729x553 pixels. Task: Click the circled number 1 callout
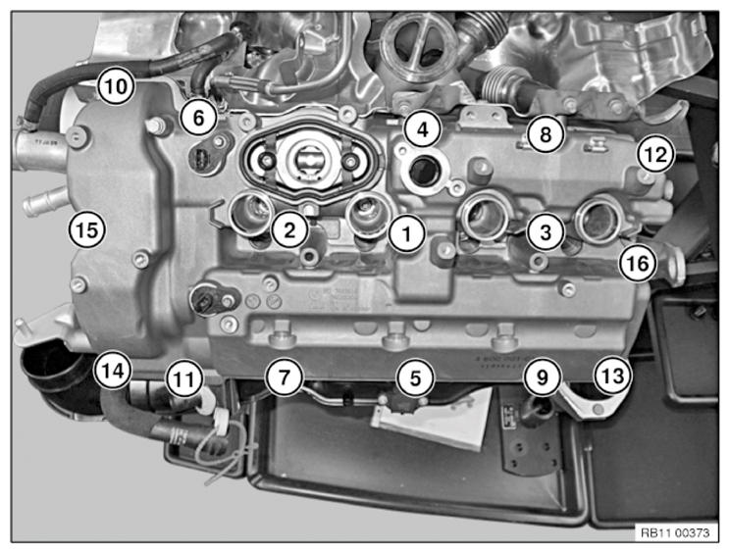pyautogui.click(x=407, y=233)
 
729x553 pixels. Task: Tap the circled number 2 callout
pyautogui.click(x=289, y=229)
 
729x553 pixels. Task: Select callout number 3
pyautogui.click(x=546, y=232)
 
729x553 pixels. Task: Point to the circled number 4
pyautogui.click(x=423, y=129)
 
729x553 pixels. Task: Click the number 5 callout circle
pyautogui.click(x=415, y=377)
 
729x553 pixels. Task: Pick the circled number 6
pyautogui.click(x=198, y=118)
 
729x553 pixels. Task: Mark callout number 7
pyautogui.click(x=285, y=377)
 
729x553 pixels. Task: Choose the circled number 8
pyautogui.click(x=546, y=134)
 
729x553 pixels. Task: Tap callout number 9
pyautogui.click(x=543, y=377)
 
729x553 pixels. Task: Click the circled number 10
pyautogui.click(x=116, y=86)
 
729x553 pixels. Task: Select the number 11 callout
pyautogui.click(x=185, y=379)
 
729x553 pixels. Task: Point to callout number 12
pyautogui.click(x=655, y=154)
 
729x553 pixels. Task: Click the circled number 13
pyautogui.click(x=613, y=376)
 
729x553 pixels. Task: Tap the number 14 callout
pyautogui.click(x=113, y=371)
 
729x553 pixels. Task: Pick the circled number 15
pyautogui.click(x=87, y=229)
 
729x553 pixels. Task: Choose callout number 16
pyautogui.click(x=638, y=264)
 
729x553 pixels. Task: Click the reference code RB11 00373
pyautogui.click(x=676, y=532)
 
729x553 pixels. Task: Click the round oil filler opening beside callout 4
pyautogui.click(x=424, y=171)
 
